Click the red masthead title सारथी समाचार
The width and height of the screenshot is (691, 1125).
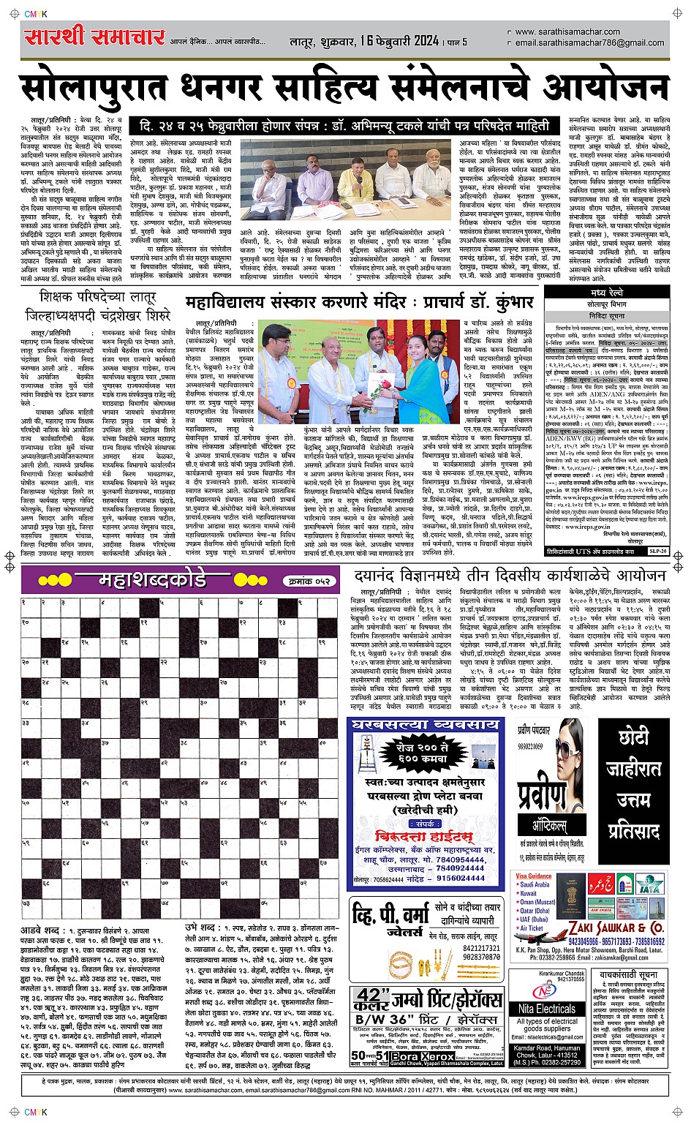tap(93, 36)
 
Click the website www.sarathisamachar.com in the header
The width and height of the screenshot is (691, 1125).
tap(567, 32)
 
